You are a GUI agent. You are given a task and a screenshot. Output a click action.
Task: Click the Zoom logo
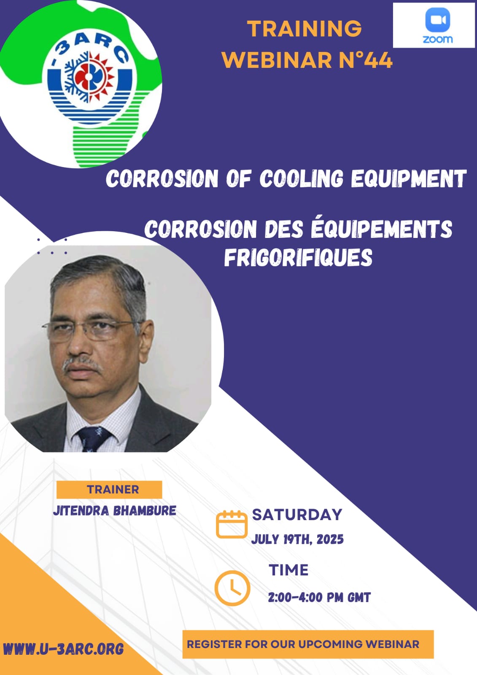437,26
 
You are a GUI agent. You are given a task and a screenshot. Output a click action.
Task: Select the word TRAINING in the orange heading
305,29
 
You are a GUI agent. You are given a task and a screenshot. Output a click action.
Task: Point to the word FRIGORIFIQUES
298,257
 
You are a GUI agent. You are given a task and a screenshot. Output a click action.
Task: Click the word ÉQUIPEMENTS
382,229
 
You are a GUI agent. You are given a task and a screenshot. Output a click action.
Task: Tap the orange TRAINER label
109,489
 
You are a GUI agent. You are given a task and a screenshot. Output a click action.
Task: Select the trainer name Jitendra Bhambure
115,510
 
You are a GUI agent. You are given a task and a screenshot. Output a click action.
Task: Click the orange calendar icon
232,524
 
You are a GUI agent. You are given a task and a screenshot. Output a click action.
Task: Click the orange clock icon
232,588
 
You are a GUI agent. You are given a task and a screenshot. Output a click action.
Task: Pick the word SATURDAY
297,515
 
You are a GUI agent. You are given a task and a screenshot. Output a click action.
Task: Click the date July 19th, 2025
297,539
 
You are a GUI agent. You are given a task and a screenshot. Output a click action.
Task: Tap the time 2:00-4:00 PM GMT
319,597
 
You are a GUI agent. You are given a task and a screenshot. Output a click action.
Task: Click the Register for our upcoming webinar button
308,644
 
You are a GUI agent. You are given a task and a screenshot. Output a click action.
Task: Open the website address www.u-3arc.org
63,649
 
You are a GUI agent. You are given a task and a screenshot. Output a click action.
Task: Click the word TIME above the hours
288,570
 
